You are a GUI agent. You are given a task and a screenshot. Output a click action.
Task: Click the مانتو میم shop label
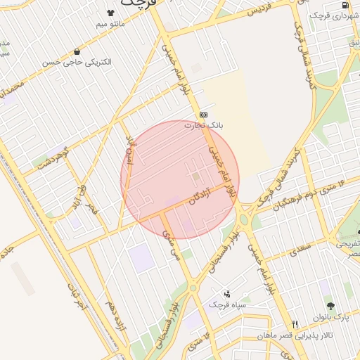(111, 25)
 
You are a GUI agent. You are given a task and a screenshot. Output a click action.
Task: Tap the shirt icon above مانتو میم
(110, 13)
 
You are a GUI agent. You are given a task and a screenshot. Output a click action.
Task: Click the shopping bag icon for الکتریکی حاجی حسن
(77, 51)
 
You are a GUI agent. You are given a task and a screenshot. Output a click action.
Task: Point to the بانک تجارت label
(203, 125)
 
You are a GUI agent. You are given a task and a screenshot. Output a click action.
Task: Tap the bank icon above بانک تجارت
(203, 114)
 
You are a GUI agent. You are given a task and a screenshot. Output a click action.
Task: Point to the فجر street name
(91, 209)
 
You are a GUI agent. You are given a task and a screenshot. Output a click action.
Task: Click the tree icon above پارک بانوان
(330, 307)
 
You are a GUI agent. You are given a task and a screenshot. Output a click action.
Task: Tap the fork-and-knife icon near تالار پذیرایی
(295, 324)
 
